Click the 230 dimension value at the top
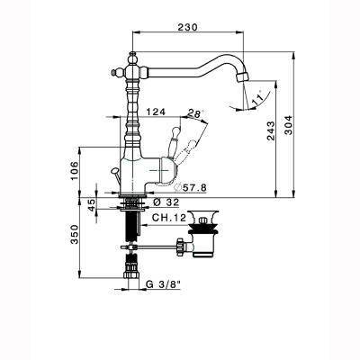pyautogui.click(x=188, y=27)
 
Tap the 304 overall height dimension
pyautogui.click(x=288, y=125)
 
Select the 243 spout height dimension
pyautogui.click(x=271, y=130)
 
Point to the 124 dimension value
pyautogui.click(x=156, y=112)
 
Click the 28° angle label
pyautogui.click(x=195, y=113)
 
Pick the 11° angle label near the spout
pyautogui.click(x=257, y=98)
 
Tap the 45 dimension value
pyautogui.click(x=92, y=205)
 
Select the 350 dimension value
pyautogui.click(x=74, y=234)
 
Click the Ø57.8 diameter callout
pyautogui.click(x=190, y=188)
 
